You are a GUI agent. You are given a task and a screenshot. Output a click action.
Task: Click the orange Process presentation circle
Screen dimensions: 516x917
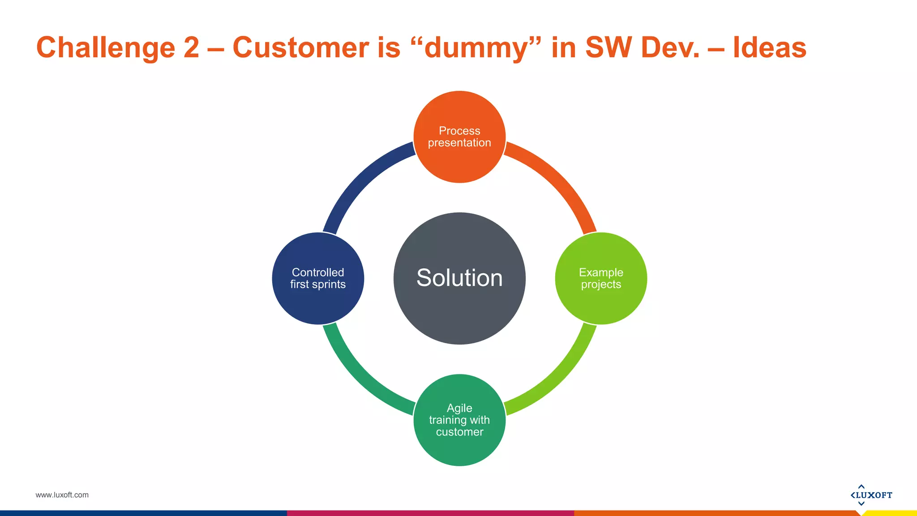459,137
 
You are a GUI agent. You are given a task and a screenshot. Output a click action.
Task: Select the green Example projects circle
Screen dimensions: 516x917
601,278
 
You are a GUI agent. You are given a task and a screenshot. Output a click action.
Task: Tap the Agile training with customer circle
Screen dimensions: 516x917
459,420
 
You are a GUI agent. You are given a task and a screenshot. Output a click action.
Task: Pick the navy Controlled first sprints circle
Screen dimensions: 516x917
318,278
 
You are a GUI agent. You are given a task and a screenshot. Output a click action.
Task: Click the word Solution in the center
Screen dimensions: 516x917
459,278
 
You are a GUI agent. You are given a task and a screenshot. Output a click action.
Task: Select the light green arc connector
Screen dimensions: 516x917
560,378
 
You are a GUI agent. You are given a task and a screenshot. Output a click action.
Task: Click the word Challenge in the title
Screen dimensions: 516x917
106,47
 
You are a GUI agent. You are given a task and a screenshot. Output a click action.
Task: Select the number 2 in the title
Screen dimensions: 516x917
191,47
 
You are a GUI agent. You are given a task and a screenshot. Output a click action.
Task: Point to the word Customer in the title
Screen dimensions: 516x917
300,47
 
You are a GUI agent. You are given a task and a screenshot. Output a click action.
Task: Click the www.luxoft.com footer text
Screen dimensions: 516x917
62,495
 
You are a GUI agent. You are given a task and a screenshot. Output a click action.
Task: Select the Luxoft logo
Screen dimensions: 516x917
871,495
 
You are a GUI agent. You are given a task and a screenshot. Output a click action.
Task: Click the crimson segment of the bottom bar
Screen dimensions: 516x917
430,513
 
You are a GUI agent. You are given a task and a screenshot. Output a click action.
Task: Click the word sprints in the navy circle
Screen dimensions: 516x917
329,284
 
